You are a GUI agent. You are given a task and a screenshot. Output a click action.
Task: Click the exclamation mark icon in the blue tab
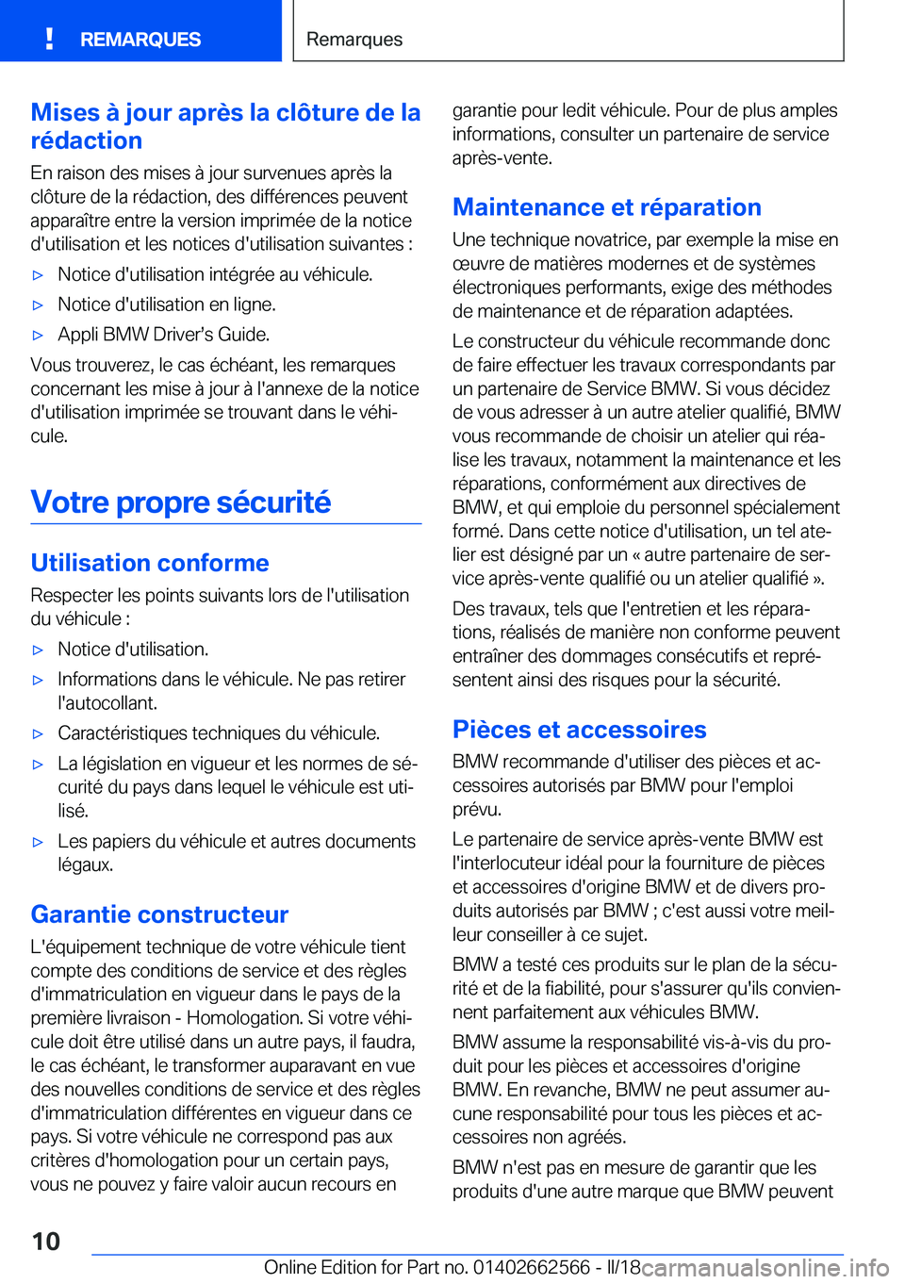(x=49, y=39)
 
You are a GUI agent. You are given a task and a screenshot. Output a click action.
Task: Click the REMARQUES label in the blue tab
(x=140, y=40)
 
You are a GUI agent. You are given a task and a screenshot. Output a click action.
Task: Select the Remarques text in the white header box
(x=354, y=40)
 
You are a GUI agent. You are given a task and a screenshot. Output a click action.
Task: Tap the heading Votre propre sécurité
(x=181, y=502)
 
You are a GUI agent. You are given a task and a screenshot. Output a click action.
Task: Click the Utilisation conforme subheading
(x=150, y=563)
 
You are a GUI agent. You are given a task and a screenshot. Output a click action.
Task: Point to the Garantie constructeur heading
(x=159, y=914)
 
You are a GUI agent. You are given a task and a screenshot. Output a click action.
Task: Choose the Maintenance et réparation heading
(x=606, y=207)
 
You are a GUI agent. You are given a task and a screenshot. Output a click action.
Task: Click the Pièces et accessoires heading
(x=579, y=730)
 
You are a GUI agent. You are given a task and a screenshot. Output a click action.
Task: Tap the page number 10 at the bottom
(x=45, y=1241)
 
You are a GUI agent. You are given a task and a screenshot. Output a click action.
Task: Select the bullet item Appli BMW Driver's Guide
(x=163, y=335)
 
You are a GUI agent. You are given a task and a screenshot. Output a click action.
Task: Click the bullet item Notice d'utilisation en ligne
(x=166, y=305)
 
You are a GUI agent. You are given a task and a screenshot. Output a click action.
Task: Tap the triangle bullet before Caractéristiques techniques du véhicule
(x=39, y=734)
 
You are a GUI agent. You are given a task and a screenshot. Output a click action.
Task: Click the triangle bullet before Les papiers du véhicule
(x=39, y=843)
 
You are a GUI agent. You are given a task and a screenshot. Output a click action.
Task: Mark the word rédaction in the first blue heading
(x=87, y=140)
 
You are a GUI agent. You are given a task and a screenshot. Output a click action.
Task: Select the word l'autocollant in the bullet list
(x=107, y=703)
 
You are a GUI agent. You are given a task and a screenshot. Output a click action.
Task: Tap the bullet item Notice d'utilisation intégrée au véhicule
(x=215, y=274)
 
